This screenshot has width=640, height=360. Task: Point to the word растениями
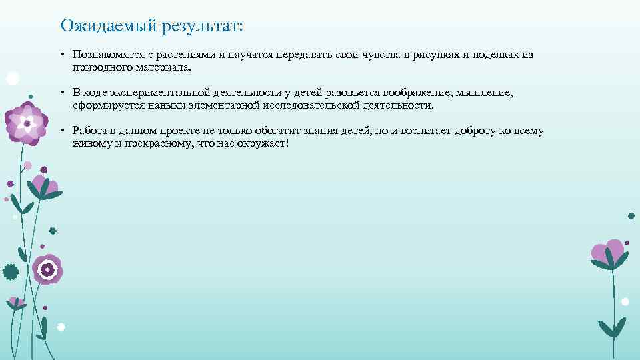tap(187, 55)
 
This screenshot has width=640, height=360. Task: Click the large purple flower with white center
tap(27, 123)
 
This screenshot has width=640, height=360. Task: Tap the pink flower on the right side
tap(608, 253)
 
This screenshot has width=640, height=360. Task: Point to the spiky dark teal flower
tap(10, 271)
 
